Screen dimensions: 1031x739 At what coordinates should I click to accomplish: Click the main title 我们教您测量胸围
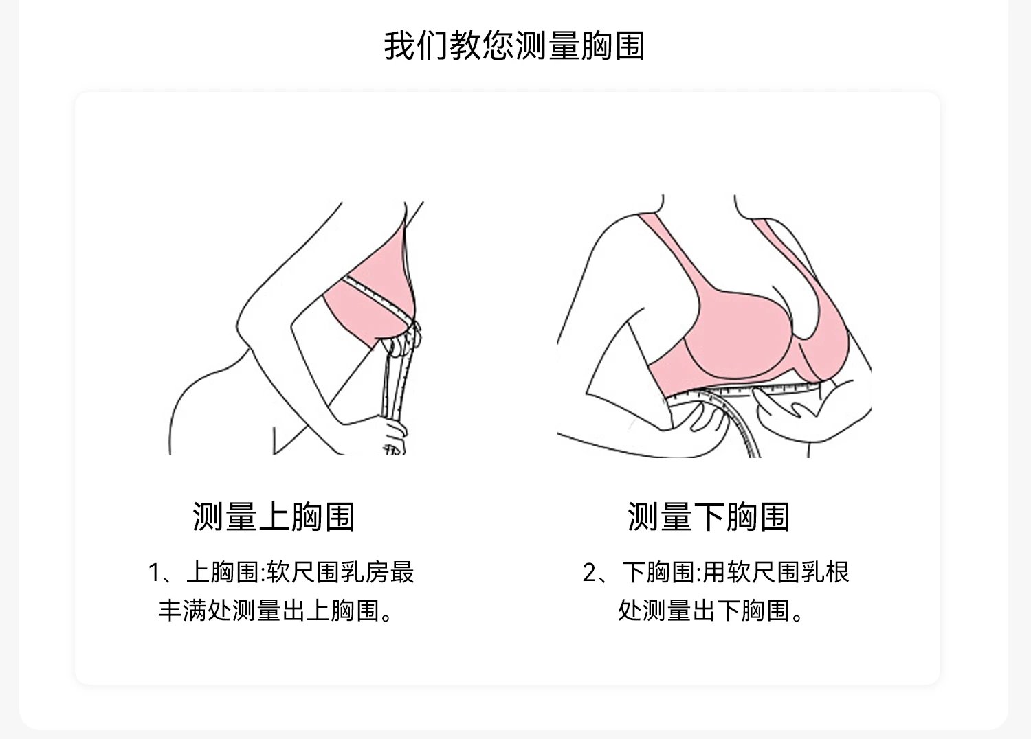pos(514,45)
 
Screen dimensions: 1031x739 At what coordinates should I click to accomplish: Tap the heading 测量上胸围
pos(274,516)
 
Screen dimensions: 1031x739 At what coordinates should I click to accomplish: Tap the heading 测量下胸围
pos(709,516)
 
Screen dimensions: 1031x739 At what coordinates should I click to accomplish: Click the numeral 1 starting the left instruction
pos(155,572)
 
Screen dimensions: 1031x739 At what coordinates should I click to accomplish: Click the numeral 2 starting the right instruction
pos(590,572)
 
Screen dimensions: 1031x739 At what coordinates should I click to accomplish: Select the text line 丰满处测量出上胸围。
pos(277,609)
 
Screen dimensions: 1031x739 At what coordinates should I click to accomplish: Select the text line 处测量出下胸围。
pos(711,609)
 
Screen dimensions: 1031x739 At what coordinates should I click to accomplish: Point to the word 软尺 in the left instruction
pos(291,572)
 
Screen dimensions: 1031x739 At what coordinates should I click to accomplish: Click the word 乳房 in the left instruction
pos(365,572)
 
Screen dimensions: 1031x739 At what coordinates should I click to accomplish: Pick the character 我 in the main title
pos(399,45)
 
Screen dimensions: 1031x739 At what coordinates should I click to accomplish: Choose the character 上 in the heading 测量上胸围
pos(274,516)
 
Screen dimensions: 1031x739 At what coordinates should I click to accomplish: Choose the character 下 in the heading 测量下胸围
pos(709,516)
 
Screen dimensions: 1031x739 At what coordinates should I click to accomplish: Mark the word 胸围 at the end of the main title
pos(612,45)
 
